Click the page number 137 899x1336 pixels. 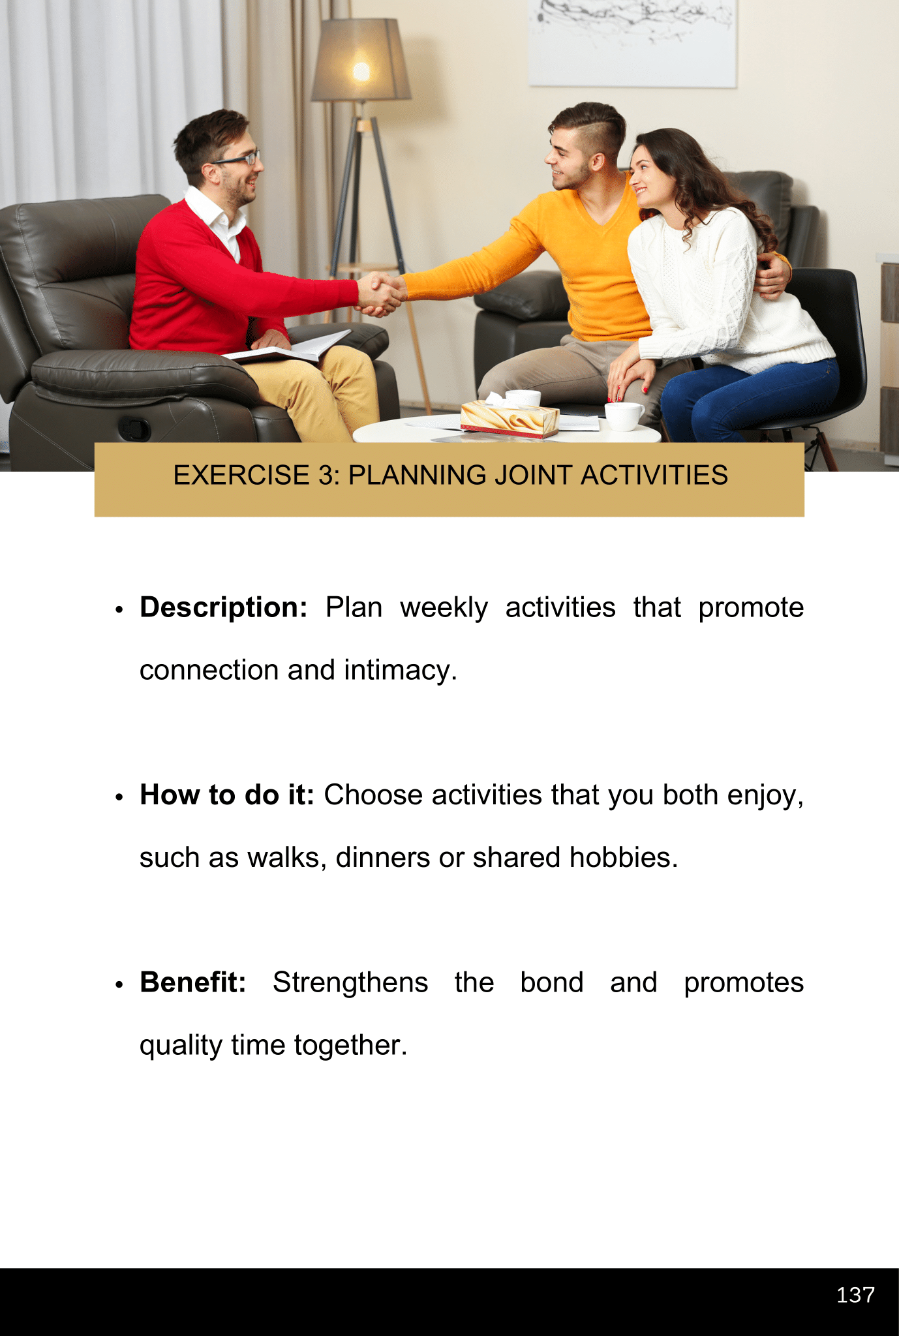click(855, 1295)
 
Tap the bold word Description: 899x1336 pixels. click(224, 607)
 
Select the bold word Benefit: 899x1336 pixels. click(193, 982)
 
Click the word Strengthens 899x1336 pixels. click(350, 982)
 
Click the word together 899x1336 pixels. click(350, 1045)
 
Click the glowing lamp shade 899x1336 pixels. click(361, 59)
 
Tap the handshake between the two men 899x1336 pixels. click(380, 293)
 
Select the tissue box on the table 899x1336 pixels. click(510, 419)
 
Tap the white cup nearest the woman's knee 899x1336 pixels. click(624, 416)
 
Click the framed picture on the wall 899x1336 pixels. click(632, 43)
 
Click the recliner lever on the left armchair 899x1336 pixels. click(134, 428)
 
